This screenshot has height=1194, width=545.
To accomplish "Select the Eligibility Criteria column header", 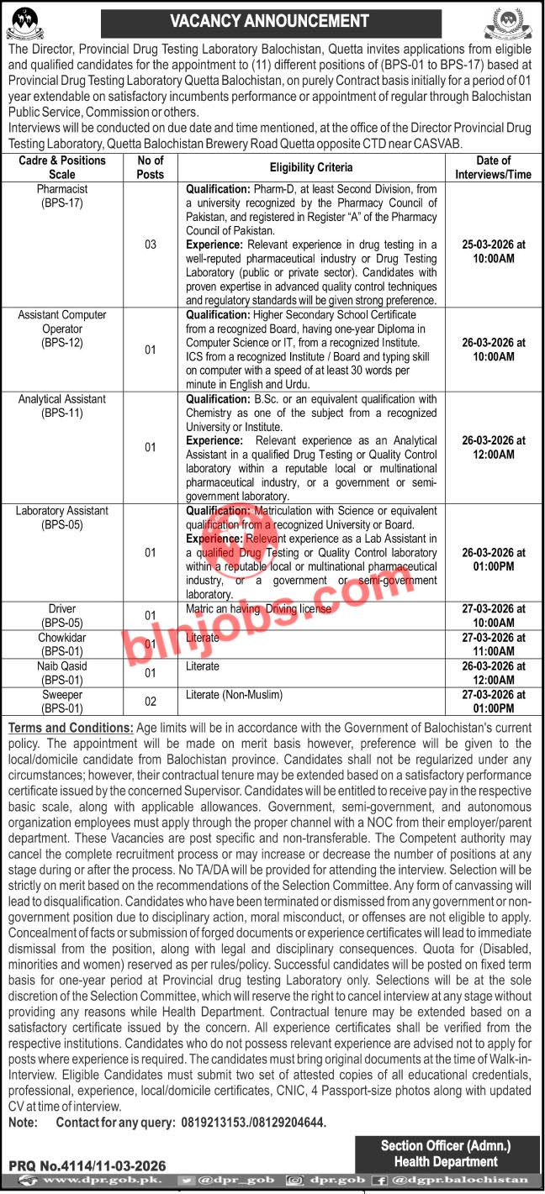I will [x=311, y=167].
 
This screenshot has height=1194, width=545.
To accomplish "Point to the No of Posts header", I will [x=150, y=166].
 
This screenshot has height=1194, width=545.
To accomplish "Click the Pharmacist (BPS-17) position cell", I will [x=62, y=196].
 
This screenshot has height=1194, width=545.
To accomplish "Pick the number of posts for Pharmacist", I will [x=150, y=245].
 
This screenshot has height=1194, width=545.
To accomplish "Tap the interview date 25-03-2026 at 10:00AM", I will [x=493, y=250].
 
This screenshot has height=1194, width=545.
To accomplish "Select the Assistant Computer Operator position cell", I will [x=62, y=329].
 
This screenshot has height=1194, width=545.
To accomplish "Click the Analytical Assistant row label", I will [x=62, y=406].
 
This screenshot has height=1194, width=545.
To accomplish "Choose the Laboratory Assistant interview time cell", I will [x=493, y=559].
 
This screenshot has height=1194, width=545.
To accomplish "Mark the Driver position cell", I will [x=62, y=615].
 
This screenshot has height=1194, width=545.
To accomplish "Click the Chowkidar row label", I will [x=62, y=644].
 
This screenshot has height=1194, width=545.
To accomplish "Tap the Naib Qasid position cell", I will [x=62, y=672].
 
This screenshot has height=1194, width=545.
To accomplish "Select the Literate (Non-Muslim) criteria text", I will [x=232, y=695].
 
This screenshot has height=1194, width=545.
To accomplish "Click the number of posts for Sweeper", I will [x=150, y=702].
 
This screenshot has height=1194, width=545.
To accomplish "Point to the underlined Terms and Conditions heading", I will [x=70, y=728].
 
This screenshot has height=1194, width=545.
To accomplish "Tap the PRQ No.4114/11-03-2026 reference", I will [x=87, y=1165].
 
